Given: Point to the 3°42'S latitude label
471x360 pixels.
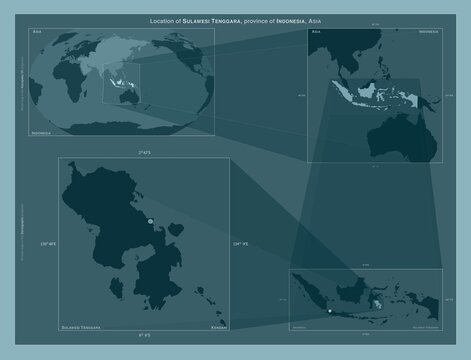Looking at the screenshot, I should coord(143,151).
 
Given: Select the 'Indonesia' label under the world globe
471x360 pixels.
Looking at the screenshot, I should coord(42,131).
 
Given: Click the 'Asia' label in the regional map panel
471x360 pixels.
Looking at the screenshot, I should coord(317,33).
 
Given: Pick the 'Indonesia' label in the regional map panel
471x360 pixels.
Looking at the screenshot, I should coord(428,33).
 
